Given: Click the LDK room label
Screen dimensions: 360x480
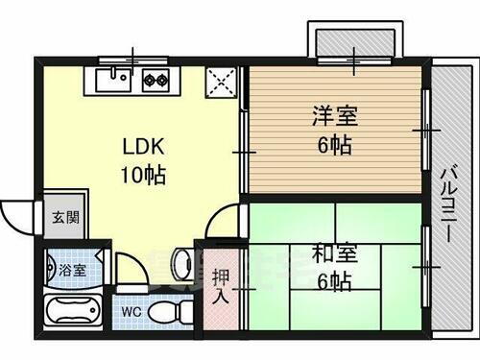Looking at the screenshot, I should [x=144, y=146].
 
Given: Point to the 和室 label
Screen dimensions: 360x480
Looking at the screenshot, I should [x=332, y=254].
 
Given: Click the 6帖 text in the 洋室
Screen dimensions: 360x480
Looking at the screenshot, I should [x=334, y=146].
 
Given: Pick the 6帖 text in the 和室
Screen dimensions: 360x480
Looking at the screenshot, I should [x=332, y=282].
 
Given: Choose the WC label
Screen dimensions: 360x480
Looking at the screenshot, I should [x=132, y=314].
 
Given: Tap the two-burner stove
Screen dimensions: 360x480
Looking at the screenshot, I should [x=156, y=80].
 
